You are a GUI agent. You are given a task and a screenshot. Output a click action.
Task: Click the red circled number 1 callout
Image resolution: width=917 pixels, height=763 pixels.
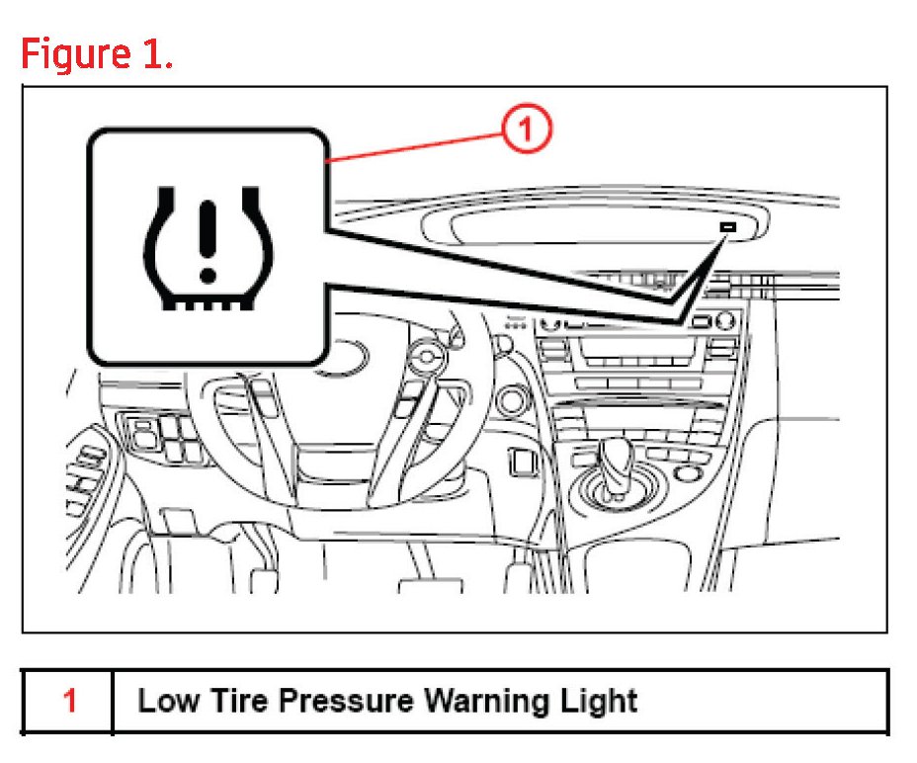pyautogui.click(x=529, y=130)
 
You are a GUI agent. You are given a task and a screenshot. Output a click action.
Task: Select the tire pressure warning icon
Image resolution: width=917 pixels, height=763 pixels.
pyautogui.click(x=208, y=247)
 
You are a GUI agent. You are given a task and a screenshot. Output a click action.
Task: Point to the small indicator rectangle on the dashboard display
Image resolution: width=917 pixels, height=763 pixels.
pyautogui.click(x=728, y=227)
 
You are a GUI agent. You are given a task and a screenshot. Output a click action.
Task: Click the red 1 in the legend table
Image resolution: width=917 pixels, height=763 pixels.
pyautogui.click(x=69, y=702)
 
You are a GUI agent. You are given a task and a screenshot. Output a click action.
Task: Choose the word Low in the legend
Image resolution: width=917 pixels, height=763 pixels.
pyautogui.click(x=167, y=702)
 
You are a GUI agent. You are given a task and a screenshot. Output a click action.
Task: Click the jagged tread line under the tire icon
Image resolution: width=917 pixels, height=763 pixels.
pyautogui.click(x=208, y=304)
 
